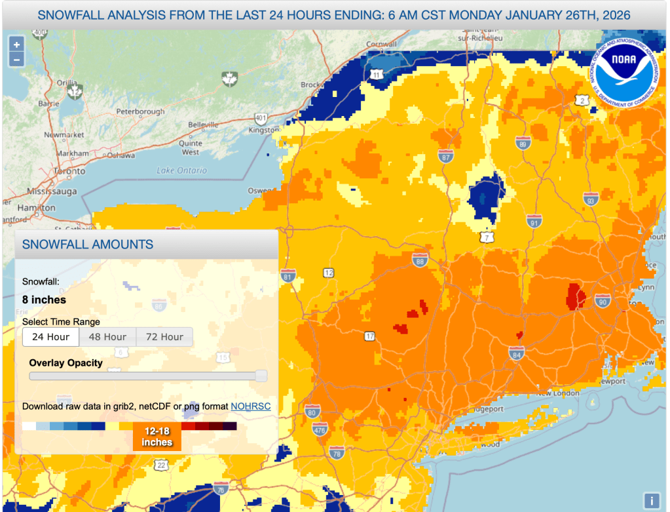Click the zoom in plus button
tap(16, 45)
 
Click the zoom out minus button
tap(16, 59)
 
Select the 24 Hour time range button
tap(50, 337)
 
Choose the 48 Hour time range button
tap(107, 337)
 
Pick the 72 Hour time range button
tap(164, 337)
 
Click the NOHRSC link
tap(250, 406)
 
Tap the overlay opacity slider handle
tap(261, 376)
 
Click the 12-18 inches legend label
tap(157, 437)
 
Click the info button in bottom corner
tap(652, 500)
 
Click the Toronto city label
tap(69, 171)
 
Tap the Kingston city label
tap(265, 130)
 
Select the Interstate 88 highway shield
tap(420, 262)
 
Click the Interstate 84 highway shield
tap(516, 355)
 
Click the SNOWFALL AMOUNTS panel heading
tap(88, 245)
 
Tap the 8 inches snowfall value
tap(45, 300)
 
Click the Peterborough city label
tap(140, 111)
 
